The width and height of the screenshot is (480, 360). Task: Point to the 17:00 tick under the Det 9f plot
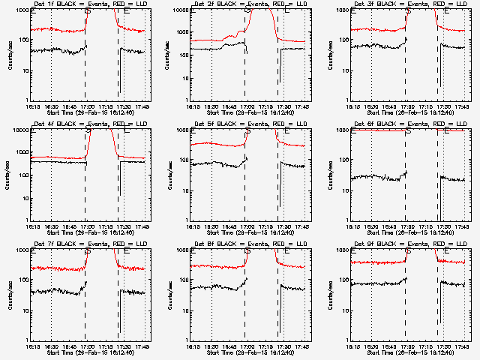click(x=406, y=346)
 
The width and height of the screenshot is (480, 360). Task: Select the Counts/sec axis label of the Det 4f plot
click(x=9, y=174)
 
